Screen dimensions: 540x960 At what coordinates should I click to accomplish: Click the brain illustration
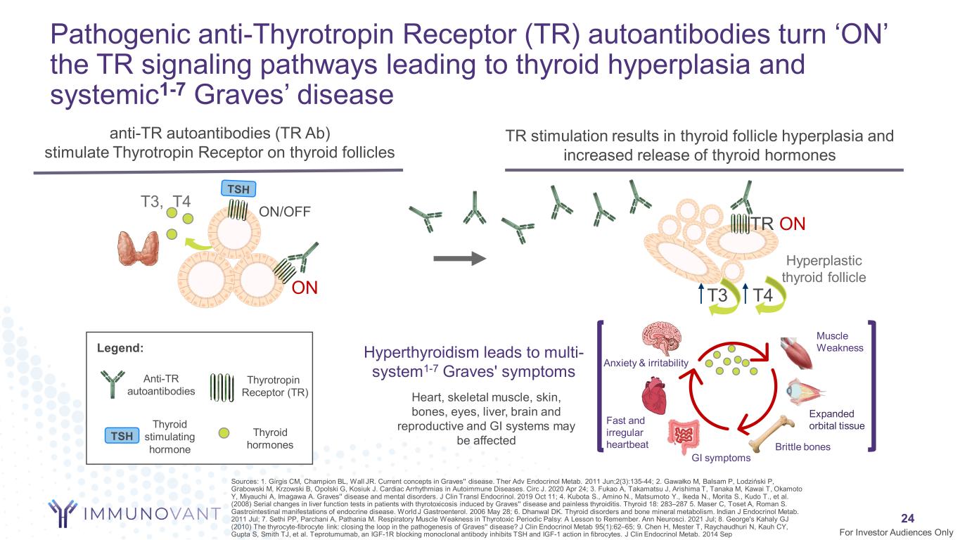click(663, 339)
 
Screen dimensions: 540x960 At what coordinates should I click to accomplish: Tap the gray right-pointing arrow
click(460, 258)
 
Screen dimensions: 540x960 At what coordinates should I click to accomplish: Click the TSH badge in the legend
click(122, 436)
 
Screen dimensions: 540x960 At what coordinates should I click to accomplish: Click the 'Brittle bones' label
click(802, 446)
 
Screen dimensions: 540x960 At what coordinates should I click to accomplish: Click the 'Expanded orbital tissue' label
click(836, 419)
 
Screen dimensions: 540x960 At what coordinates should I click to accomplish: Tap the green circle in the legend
click(224, 432)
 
